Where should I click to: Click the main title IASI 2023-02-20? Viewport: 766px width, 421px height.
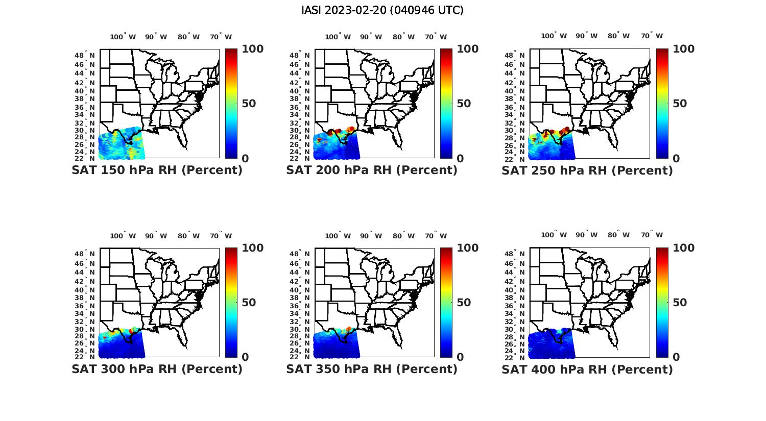(382, 10)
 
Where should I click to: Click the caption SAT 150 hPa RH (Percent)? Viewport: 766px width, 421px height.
(157, 170)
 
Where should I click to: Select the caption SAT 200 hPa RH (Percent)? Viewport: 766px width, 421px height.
(372, 170)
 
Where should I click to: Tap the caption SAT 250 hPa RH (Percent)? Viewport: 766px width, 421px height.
(587, 170)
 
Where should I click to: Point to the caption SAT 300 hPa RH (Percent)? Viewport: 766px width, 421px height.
(157, 369)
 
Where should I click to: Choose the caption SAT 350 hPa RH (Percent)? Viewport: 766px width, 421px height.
(372, 369)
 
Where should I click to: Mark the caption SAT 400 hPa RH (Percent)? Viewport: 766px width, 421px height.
(587, 369)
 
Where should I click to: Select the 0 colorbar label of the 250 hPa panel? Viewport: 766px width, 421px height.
(676, 159)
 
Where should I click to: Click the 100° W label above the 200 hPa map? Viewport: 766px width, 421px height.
(338, 37)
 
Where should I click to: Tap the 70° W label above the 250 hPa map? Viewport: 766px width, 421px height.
(652, 36)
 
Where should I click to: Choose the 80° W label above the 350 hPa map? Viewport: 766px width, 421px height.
(403, 236)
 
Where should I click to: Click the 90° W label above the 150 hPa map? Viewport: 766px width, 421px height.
(156, 37)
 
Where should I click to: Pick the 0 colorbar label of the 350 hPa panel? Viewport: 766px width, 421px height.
(460, 357)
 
